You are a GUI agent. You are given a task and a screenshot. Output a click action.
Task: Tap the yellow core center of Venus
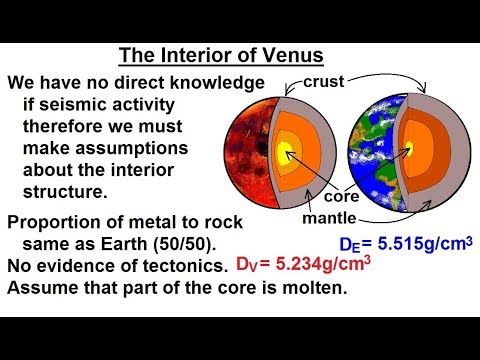[x=286, y=151]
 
